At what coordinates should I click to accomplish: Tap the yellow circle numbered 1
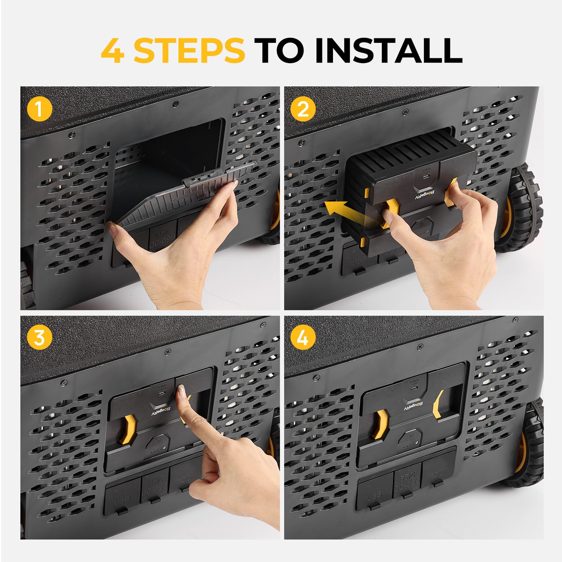click(39, 109)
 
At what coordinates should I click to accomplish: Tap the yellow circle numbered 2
click(303, 109)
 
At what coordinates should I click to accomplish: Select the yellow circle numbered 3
click(39, 338)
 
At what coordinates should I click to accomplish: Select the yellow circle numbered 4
click(303, 338)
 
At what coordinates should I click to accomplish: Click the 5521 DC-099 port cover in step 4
click(406, 485)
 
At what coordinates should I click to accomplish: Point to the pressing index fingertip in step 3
click(182, 390)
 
